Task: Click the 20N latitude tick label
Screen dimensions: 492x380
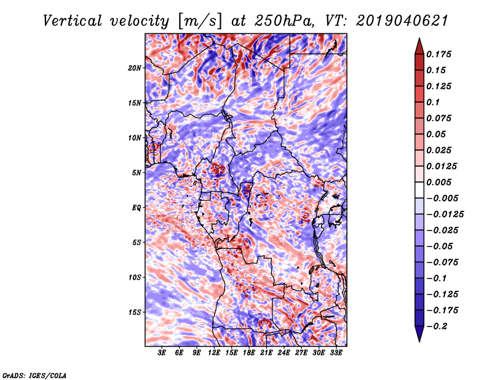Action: coord(135,68)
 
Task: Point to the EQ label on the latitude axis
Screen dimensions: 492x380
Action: coord(137,208)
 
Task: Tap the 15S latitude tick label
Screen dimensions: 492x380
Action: coord(135,312)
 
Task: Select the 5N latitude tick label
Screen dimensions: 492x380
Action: coord(137,173)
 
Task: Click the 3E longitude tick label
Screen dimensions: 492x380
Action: coord(162,353)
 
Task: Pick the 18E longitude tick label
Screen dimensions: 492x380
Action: coord(249,353)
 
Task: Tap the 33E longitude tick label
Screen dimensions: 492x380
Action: coord(336,353)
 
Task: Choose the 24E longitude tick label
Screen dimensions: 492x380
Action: coord(284,353)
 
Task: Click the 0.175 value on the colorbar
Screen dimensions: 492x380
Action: coord(438,54)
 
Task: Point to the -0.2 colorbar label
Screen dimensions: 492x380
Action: coord(437,327)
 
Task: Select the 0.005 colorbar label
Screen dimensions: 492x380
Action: coord(438,182)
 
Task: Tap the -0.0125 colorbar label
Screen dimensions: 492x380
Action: coord(445,215)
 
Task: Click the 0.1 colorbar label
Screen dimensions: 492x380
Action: coord(433,102)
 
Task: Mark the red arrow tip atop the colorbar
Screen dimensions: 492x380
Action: coord(419,38)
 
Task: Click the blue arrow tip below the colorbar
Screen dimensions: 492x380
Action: coord(419,341)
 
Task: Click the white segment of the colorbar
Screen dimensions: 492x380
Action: coord(419,190)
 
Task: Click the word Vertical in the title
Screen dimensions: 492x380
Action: coord(72,21)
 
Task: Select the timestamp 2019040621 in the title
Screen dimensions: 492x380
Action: coord(402,21)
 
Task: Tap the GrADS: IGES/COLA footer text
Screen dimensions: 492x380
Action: coord(34,375)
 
